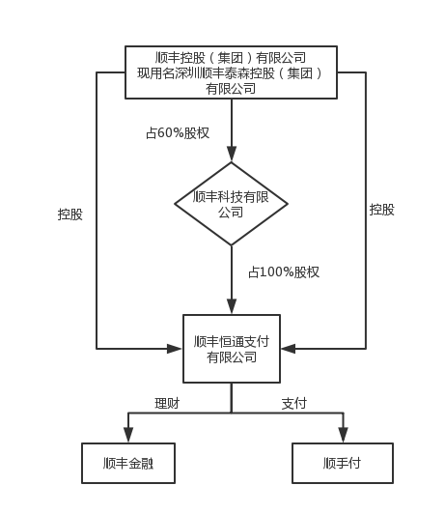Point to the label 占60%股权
178,133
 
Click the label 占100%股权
284,272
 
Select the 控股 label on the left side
70,214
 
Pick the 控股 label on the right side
382,210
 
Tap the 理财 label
167,403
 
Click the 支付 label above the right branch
294,403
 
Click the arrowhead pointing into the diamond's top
232,154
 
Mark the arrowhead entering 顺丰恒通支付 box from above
232,306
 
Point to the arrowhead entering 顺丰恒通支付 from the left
175,349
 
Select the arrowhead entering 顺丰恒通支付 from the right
289,349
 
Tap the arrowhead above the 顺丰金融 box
128,435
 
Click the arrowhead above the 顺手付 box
343,435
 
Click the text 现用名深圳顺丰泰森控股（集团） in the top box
230,73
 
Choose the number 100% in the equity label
277,272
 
